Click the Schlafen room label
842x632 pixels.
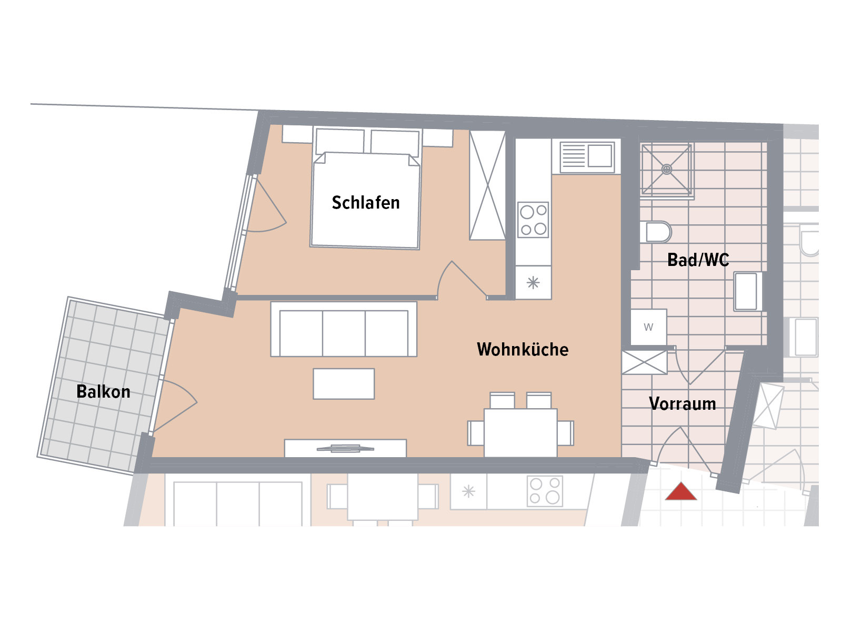(365, 202)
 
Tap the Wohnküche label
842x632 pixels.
(523, 349)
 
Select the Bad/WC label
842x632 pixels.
(698, 260)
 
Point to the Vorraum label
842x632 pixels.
(682, 403)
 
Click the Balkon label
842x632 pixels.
(103, 391)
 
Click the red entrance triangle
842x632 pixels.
(680, 491)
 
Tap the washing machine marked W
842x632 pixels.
(648, 327)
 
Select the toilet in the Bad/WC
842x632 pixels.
(656, 232)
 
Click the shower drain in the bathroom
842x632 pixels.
(667, 169)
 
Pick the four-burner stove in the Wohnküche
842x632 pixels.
(533, 220)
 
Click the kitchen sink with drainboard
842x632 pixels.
(587, 156)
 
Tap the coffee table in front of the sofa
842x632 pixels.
(343, 384)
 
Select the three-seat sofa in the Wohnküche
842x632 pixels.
(343, 329)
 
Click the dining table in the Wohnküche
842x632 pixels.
(520, 433)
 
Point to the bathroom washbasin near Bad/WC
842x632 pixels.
(747, 291)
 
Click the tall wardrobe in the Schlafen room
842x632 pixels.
(487, 185)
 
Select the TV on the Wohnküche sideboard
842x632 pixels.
(345, 448)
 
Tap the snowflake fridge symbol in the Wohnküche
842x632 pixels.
(533, 283)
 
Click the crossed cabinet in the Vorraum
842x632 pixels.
(644, 362)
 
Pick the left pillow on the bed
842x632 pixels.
(339, 141)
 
